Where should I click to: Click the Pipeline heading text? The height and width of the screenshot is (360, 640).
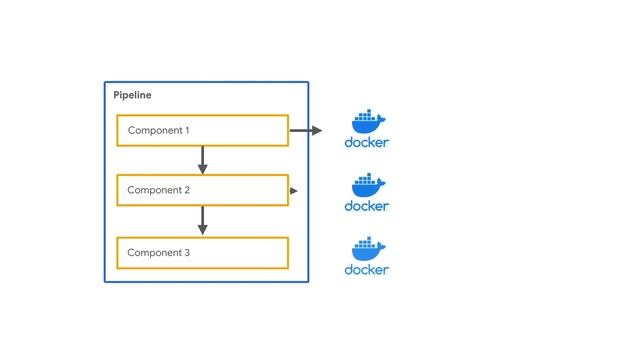133,95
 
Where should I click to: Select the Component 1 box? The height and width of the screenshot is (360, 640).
202,130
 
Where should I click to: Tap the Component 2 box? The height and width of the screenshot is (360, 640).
202,190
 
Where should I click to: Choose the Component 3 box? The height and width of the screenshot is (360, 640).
202,253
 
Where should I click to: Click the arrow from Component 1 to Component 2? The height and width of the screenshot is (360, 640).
203,160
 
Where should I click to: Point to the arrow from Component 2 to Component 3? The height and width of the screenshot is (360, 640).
203,221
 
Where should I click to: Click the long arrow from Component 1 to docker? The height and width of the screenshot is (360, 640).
306,130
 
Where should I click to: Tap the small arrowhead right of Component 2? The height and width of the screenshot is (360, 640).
294,190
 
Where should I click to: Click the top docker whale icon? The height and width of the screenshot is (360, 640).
367,120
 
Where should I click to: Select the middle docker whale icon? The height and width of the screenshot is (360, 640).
367,184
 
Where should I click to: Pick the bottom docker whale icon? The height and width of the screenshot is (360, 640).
367,248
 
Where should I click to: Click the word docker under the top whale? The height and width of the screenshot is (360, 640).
367,142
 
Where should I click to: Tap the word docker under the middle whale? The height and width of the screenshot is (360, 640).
367,206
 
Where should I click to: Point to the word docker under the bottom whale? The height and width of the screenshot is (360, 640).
367,270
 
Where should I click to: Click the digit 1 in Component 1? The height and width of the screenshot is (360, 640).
186,131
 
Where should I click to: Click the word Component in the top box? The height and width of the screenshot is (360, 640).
153,131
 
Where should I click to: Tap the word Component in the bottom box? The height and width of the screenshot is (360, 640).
153,253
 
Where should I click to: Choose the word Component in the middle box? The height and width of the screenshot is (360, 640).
153,190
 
